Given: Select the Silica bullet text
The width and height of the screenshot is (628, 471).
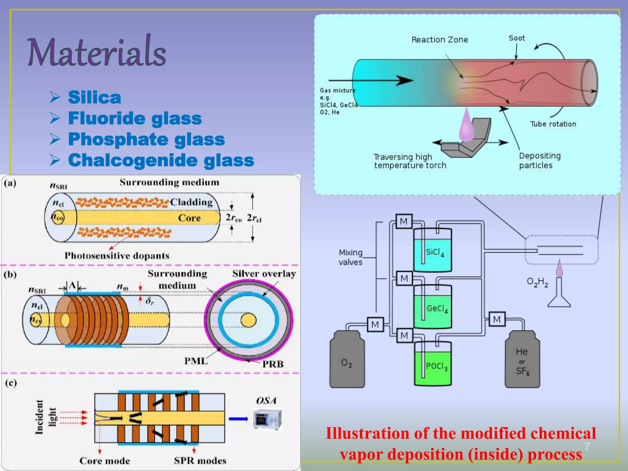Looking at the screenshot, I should [x=94, y=98].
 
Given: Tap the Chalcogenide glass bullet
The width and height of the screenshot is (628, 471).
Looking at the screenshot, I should [x=161, y=160].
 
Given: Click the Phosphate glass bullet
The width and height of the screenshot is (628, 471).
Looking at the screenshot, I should [x=146, y=139].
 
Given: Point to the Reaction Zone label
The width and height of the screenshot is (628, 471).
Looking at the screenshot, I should [x=439, y=40].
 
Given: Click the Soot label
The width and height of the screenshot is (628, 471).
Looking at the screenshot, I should [x=517, y=38].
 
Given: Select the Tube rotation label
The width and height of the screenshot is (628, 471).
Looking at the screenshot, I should [x=553, y=124].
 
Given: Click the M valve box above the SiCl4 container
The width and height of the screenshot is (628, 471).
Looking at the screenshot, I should [x=404, y=221].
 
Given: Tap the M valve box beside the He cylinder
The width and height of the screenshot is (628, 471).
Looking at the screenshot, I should [x=497, y=319].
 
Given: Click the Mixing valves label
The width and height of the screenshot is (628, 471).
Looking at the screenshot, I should [x=350, y=257].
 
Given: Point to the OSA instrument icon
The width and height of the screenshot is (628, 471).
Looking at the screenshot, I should [x=267, y=419].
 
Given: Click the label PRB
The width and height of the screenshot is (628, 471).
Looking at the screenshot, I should [x=273, y=364].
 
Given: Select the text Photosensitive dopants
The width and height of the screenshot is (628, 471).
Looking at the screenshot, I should [x=117, y=256].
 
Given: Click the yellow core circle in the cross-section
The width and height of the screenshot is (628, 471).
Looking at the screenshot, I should [x=248, y=320].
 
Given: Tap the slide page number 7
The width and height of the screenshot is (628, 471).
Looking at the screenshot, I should [x=587, y=446].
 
